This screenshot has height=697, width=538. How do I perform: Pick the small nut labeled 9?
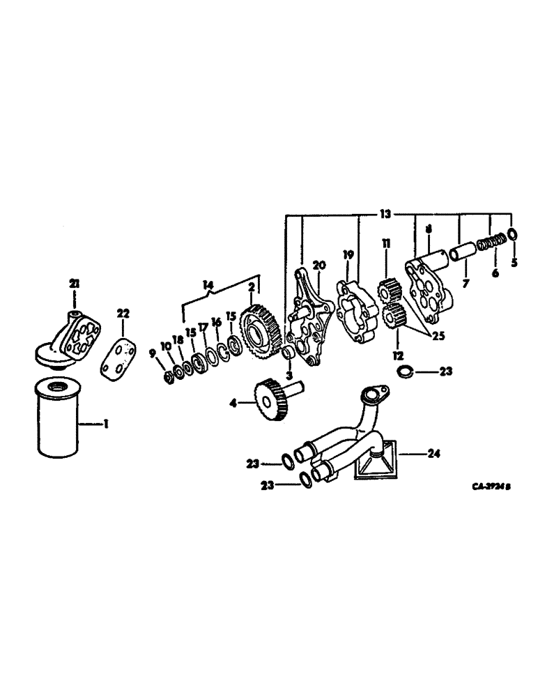tap(167, 377)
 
